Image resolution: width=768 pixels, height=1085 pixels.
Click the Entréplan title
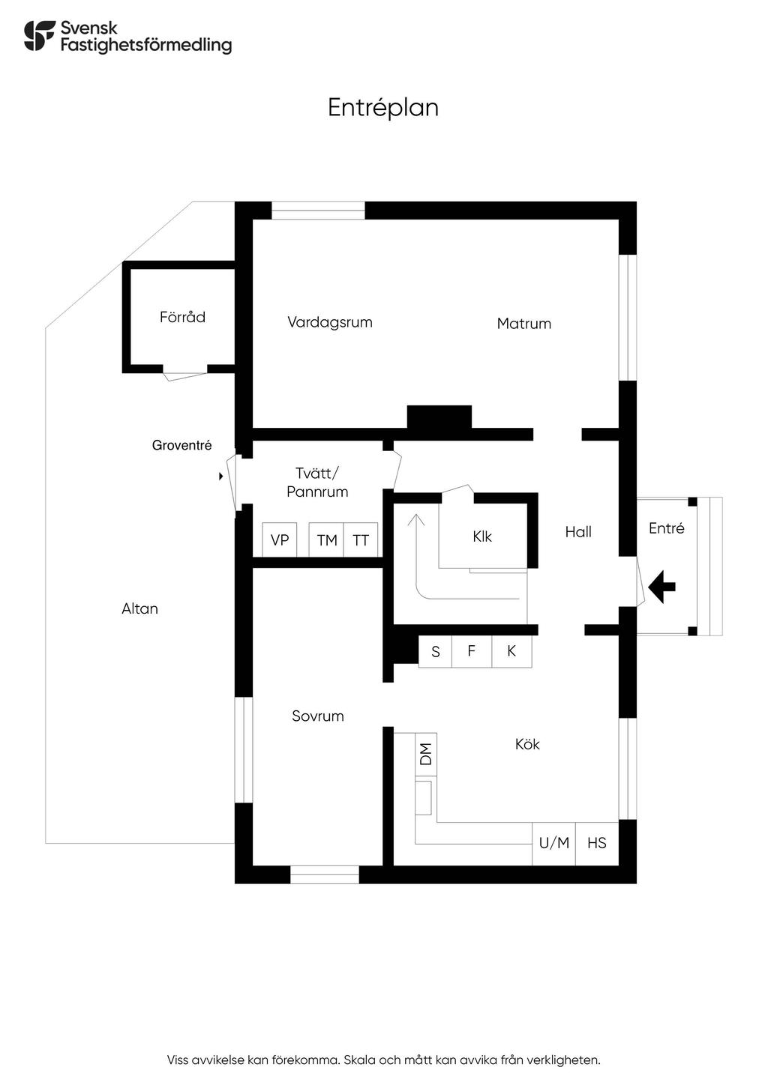point(383,108)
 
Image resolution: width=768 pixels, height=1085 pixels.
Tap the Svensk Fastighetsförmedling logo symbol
point(40,36)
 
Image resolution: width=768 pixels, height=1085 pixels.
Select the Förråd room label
point(182,317)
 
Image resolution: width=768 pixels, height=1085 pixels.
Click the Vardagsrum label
point(330,322)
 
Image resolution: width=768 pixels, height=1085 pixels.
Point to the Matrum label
point(524,324)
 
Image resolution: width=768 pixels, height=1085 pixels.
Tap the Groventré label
point(181,445)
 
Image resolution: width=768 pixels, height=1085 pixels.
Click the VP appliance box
point(280,540)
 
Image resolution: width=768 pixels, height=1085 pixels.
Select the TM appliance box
point(326,540)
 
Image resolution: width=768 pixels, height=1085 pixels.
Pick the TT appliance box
point(361,540)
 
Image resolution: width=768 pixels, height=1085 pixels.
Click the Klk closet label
point(482,537)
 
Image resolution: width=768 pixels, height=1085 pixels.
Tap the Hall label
point(578,532)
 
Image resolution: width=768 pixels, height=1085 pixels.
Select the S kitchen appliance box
point(435,652)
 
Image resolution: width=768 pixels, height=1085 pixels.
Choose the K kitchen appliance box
point(511,651)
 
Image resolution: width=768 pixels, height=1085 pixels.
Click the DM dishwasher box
point(426,754)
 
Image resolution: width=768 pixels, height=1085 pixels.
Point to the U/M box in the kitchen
point(554,843)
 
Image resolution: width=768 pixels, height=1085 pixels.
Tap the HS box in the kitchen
point(597,843)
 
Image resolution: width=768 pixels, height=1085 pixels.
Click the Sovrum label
point(318,716)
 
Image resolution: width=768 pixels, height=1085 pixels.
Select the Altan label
point(140,608)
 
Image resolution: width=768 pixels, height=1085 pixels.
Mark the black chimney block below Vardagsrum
point(439,417)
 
